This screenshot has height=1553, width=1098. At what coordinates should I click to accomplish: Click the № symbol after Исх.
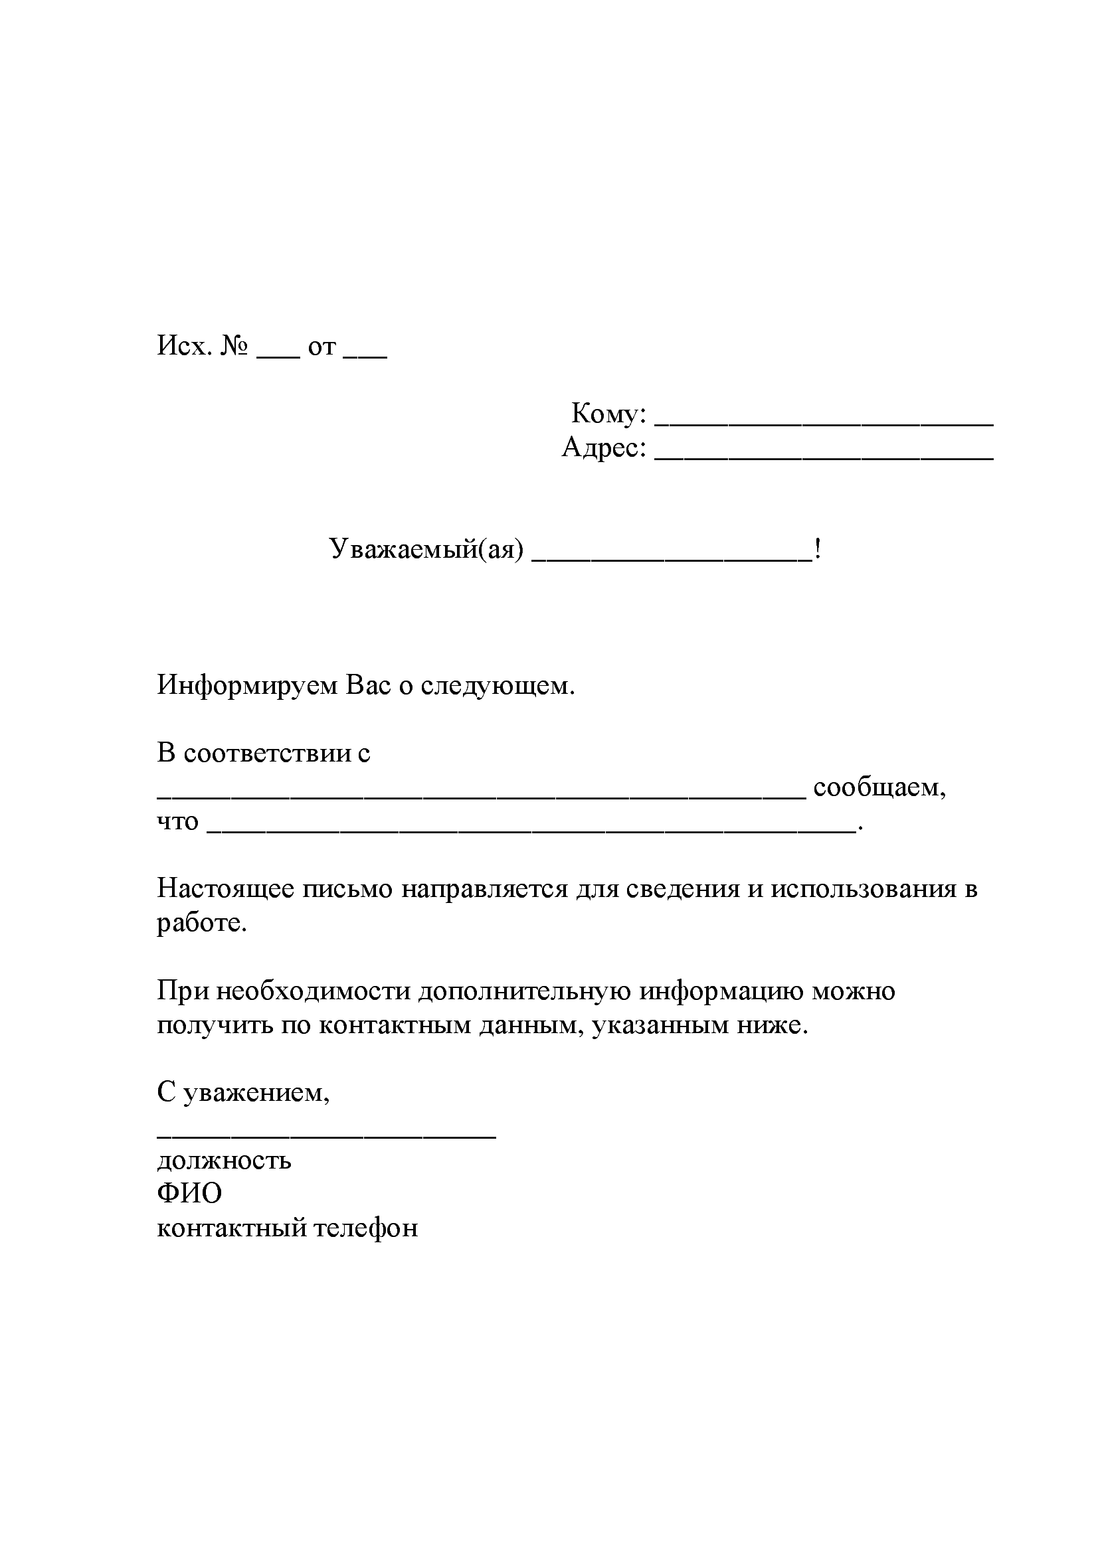point(234,347)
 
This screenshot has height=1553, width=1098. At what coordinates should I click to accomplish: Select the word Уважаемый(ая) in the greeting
point(426,548)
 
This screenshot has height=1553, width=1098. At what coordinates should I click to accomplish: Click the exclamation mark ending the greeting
point(818,548)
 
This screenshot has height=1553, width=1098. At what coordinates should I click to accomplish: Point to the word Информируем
point(248,685)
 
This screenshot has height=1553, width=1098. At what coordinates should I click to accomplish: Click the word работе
point(202,924)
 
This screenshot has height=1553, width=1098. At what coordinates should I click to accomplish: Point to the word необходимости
point(313,991)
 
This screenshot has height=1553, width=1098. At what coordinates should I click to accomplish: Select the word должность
point(224,1161)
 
